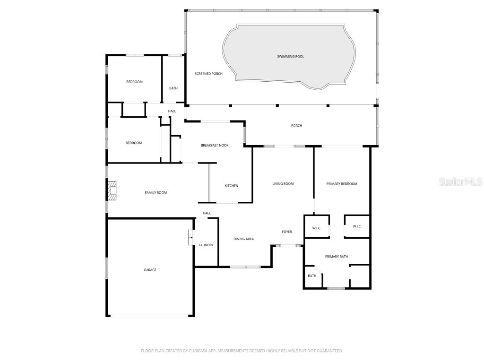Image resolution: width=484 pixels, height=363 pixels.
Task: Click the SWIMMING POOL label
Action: pos(290,57)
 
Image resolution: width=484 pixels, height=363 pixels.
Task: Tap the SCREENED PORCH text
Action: pos(208,74)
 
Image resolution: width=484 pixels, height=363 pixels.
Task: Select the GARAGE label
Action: pos(150,270)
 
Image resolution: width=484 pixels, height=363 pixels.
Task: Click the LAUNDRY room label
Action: pos(206,245)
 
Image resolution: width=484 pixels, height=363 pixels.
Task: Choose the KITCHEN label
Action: pos(231,186)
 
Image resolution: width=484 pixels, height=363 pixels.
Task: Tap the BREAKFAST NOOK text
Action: pos(215,145)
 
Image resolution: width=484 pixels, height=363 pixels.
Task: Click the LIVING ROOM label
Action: pos(283,183)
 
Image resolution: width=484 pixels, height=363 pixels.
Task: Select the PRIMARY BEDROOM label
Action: pos(342,183)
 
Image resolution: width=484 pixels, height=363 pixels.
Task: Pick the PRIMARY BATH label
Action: pos(336,257)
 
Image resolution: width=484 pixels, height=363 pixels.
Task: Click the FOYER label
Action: pos(287,232)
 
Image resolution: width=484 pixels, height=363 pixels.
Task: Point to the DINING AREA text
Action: pos(243,239)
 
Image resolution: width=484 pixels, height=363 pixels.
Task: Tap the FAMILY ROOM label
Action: pos(156,192)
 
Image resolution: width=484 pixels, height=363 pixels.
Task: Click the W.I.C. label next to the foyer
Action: pos(316,228)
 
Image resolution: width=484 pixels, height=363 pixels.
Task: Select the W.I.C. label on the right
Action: pos(357,226)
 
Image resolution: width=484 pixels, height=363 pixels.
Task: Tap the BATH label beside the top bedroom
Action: pos(173,88)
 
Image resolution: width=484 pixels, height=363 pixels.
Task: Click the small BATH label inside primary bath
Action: pos(312,276)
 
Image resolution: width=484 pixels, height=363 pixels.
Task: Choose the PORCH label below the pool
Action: pos(296,125)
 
